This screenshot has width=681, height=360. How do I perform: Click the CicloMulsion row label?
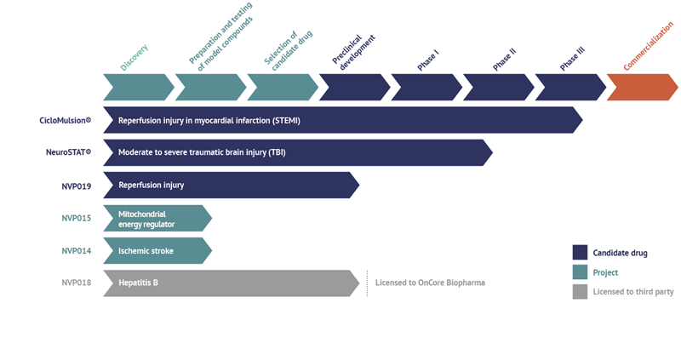(x=65, y=120)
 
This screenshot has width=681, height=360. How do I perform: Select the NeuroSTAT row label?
(x=68, y=152)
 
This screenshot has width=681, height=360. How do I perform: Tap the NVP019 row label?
(x=76, y=185)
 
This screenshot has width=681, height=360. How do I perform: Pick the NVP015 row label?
(x=76, y=218)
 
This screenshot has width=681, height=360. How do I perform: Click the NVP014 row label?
(x=76, y=250)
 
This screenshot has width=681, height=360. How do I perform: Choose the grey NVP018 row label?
(x=76, y=283)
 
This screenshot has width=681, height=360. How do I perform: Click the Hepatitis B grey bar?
(x=230, y=283)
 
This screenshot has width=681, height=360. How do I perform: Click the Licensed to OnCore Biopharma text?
(x=430, y=283)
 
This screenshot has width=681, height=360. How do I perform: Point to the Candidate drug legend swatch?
(x=580, y=252)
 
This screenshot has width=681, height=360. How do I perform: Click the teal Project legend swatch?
(x=580, y=272)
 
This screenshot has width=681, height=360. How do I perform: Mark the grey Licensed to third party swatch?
(x=580, y=292)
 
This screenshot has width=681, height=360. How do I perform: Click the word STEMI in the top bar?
(x=285, y=120)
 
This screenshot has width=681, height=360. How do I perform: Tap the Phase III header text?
(x=573, y=59)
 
